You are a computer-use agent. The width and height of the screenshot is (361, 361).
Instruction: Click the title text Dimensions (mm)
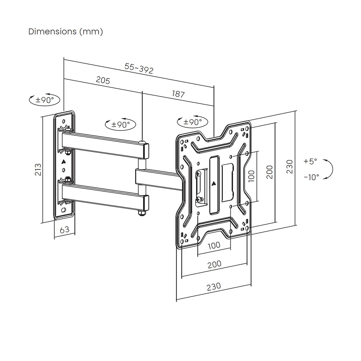tap(66, 32)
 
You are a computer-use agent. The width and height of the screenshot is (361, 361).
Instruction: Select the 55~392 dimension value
tap(139, 69)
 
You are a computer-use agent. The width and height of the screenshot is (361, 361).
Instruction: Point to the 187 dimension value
tap(178, 94)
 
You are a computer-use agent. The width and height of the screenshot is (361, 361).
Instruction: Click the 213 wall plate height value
tap(38, 170)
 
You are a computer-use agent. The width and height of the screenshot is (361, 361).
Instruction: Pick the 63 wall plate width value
tap(64, 230)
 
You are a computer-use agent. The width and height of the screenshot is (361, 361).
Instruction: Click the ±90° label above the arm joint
tap(121, 124)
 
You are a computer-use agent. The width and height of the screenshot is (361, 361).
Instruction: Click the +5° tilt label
tap(310, 162)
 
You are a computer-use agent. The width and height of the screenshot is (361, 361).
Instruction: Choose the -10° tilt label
tap(311, 177)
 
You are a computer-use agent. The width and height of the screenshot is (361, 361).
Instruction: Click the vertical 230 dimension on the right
tap(289, 166)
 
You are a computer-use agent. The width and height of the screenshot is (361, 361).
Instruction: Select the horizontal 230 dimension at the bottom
tap(214, 286)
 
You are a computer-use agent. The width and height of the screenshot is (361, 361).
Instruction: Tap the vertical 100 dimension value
tap(251, 176)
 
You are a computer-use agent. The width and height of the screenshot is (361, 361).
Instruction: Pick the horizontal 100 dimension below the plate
tap(214, 245)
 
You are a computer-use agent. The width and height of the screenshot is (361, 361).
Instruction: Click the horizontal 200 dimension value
tap(214, 264)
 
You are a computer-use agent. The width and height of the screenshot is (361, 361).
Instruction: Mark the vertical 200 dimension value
tap(270, 172)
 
